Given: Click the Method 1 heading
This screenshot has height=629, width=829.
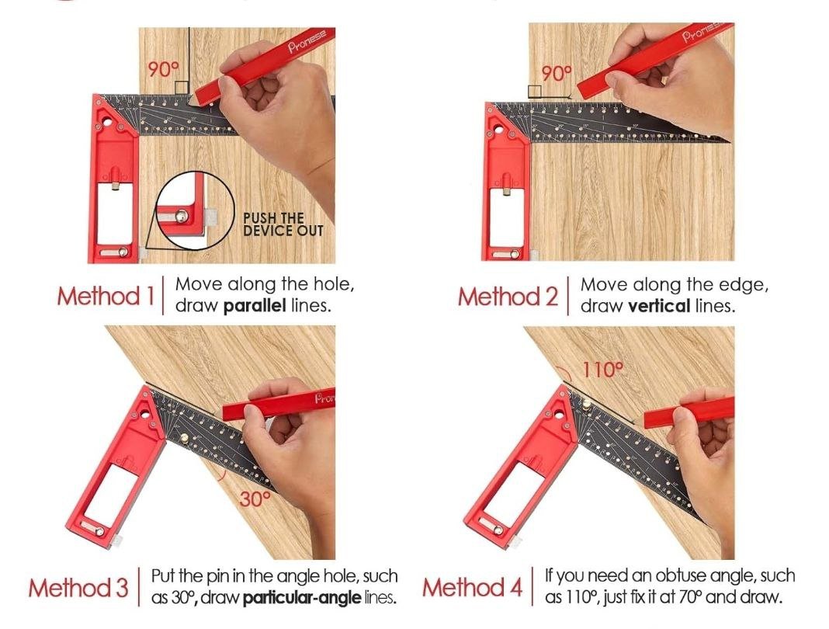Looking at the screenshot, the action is [x=106, y=296].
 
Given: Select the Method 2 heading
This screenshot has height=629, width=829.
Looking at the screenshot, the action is [x=508, y=296].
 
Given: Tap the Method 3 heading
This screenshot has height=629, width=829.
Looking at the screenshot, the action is [x=78, y=588].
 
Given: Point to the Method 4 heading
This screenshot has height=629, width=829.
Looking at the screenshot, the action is [x=472, y=588].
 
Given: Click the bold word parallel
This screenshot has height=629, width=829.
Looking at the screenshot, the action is [x=255, y=306].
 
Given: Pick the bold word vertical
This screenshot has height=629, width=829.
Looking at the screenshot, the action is [x=659, y=306].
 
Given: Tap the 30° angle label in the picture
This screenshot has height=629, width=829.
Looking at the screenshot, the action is [x=255, y=499].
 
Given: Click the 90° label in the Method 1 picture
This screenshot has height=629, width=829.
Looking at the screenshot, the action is [x=163, y=69].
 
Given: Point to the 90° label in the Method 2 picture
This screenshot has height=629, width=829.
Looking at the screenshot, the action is [x=557, y=74].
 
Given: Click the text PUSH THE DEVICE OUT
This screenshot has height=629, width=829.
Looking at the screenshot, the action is [x=283, y=224].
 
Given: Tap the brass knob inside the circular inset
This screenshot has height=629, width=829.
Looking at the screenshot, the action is [x=182, y=216].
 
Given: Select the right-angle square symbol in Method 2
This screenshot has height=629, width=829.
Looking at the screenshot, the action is [x=535, y=92].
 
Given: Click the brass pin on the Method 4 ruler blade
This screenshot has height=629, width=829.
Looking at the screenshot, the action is [x=587, y=406].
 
